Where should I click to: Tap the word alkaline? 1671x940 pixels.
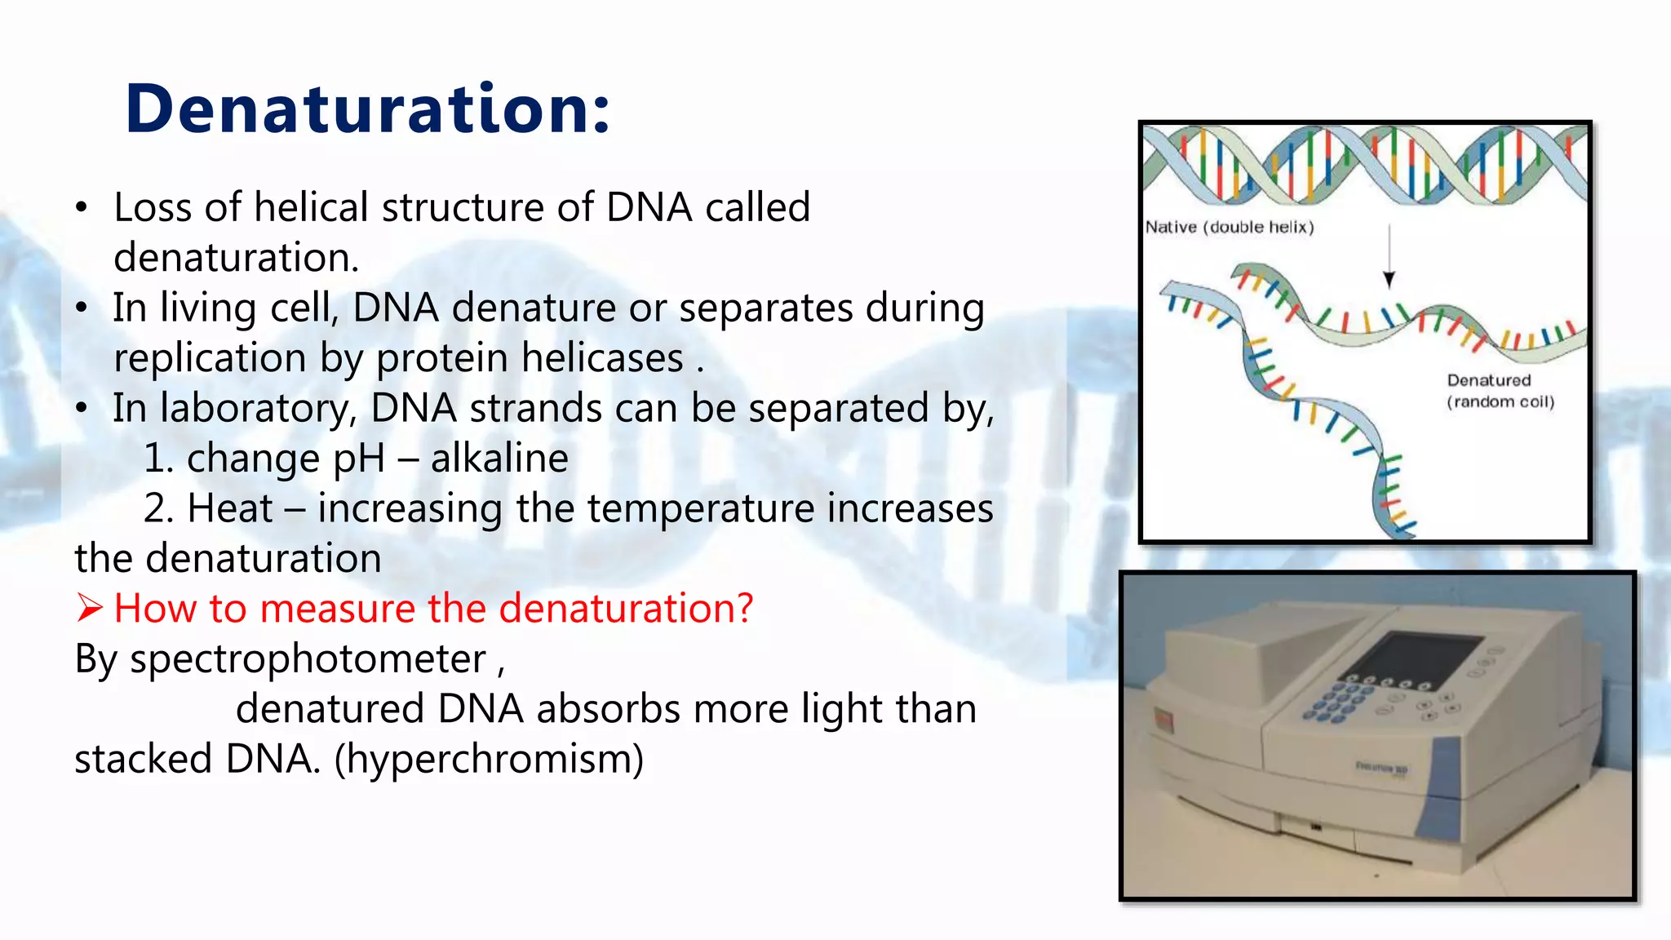(499, 458)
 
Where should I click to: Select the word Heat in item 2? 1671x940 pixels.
(229, 508)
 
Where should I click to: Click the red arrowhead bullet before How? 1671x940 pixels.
(89, 609)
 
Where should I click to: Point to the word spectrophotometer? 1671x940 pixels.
(308, 659)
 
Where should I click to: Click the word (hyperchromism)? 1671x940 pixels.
(489, 759)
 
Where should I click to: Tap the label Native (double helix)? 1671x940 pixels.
(1229, 227)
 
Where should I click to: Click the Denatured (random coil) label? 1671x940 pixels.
(1500, 391)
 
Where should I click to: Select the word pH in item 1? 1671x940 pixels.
(359, 459)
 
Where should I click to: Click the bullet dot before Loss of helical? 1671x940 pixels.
(81, 208)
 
